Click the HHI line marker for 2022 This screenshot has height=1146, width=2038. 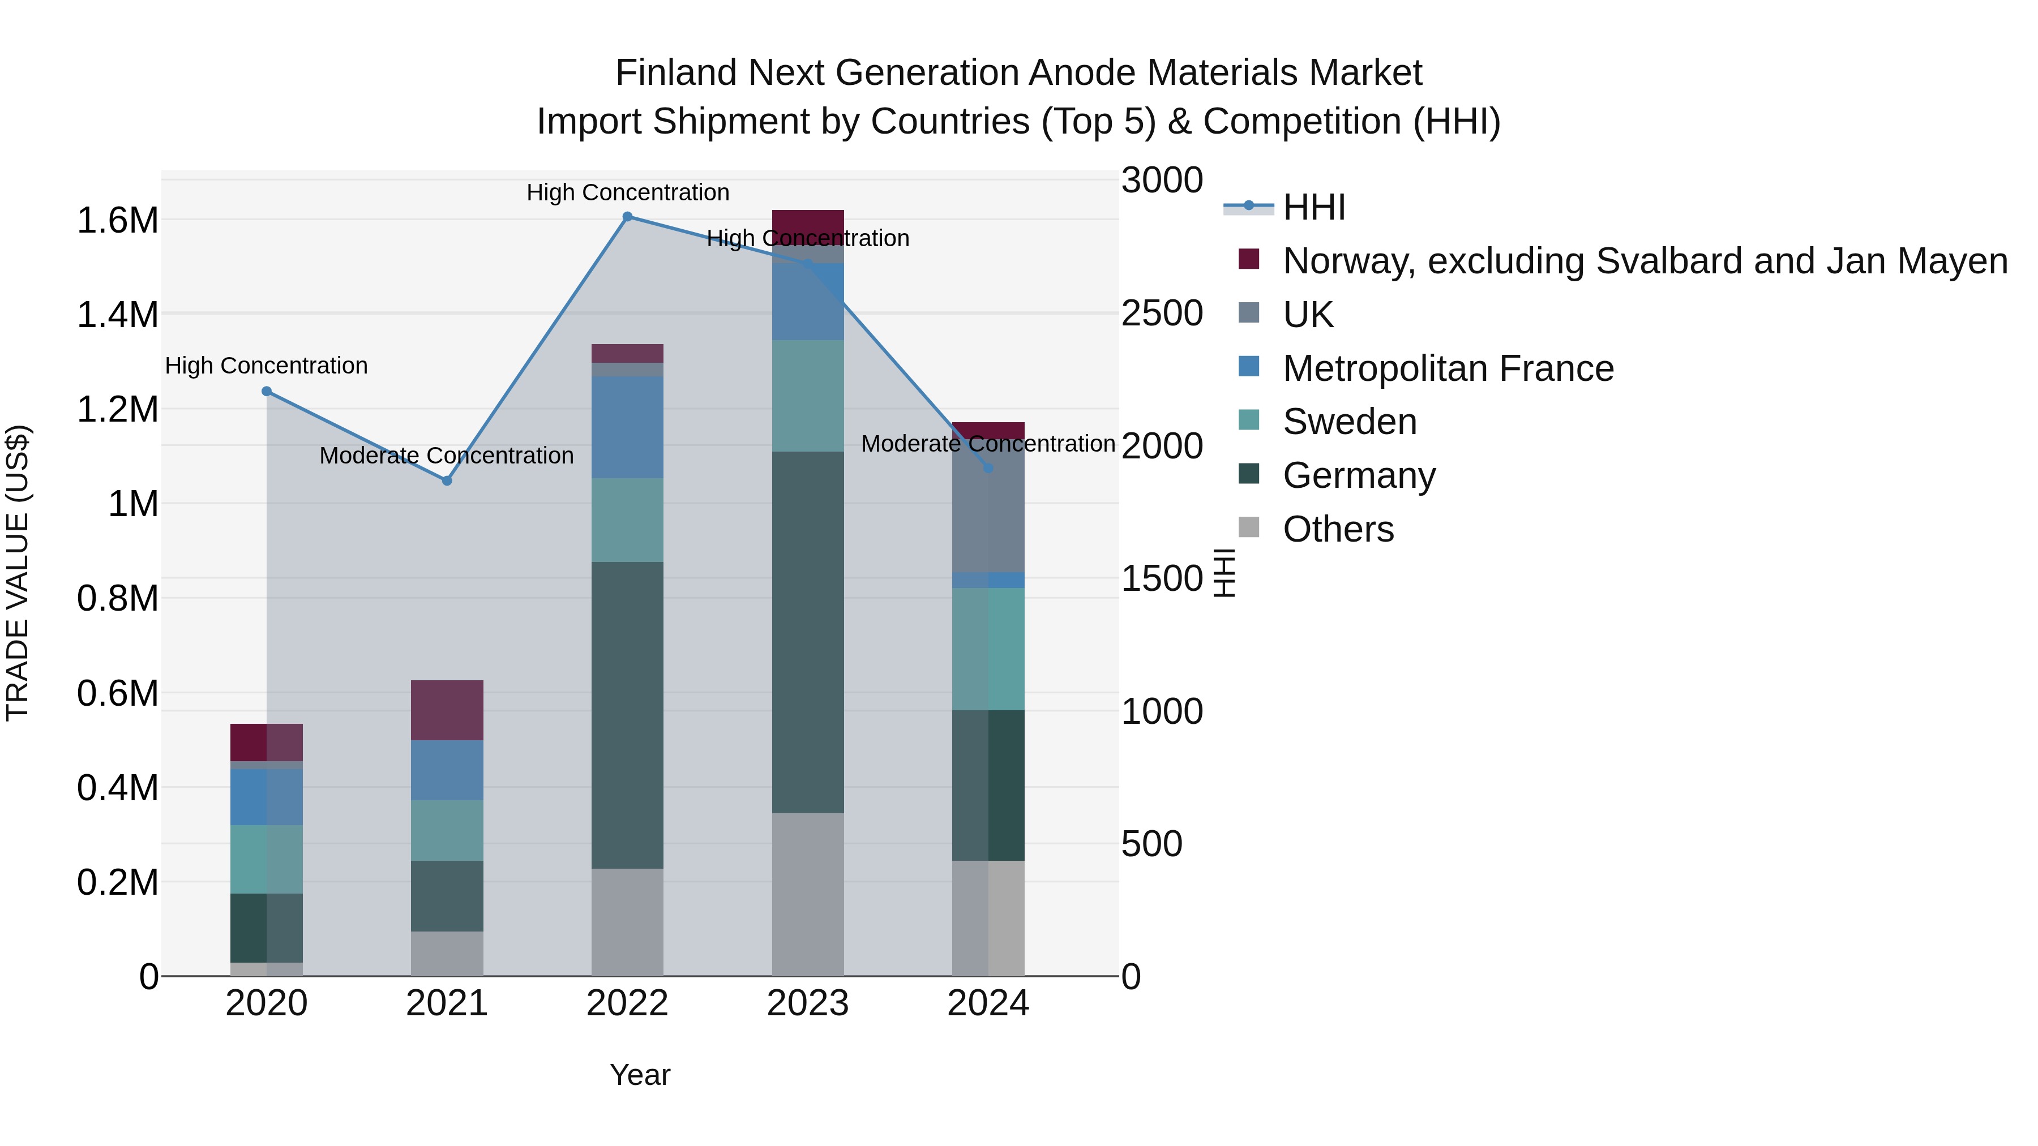click(x=627, y=217)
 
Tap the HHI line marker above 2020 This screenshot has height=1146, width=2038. click(x=267, y=392)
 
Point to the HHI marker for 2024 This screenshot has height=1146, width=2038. click(x=988, y=468)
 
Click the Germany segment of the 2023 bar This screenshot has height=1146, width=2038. click(x=808, y=632)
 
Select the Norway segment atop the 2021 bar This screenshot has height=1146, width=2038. click(x=447, y=710)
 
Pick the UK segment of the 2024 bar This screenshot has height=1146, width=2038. click(x=988, y=505)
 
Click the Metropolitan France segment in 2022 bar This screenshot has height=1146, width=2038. click(x=627, y=427)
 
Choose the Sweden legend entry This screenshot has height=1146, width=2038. click(x=1349, y=422)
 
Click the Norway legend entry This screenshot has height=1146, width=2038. click(x=1644, y=261)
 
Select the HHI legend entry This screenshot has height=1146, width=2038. click(x=1313, y=207)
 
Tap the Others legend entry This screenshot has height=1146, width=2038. click(x=1338, y=529)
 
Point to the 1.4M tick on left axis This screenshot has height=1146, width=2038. click(x=118, y=315)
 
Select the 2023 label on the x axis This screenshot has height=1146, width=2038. click(x=808, y=1003)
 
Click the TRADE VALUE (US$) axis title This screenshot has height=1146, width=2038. click(x=18, y=573)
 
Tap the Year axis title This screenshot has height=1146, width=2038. click(x=640, y=1075)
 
